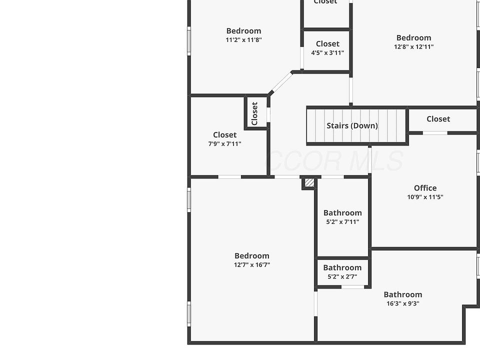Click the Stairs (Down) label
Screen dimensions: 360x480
coord(352,125)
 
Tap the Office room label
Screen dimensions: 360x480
coord(425,188)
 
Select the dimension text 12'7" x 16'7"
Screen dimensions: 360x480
coord(252,265)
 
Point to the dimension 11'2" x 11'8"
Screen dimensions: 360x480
coord(243,40)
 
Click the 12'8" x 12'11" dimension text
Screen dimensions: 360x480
coord(413,47)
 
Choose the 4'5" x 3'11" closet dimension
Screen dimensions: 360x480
coord(327,53)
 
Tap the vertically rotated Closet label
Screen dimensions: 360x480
coord(254,113)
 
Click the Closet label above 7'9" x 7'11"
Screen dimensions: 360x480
coord(224,134)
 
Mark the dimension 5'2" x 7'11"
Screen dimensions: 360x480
coord(342,222)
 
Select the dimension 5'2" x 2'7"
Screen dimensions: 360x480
coord(342,276)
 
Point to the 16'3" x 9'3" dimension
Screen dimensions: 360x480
coord(402,303)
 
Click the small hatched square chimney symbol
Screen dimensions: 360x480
coord(309,183)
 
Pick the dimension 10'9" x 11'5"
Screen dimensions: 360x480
coord(425,197)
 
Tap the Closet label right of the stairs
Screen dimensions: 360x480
coord(438,119)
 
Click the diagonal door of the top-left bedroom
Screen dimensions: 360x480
coord(281,82)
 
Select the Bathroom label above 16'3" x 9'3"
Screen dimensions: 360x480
coord(402,294)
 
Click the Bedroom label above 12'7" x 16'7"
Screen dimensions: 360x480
coord(252,256)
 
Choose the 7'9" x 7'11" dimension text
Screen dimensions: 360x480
coord(224,144)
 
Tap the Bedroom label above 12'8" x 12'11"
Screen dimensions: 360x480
coord(413,37)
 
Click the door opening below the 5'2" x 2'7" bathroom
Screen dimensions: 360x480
coord(352,287)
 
